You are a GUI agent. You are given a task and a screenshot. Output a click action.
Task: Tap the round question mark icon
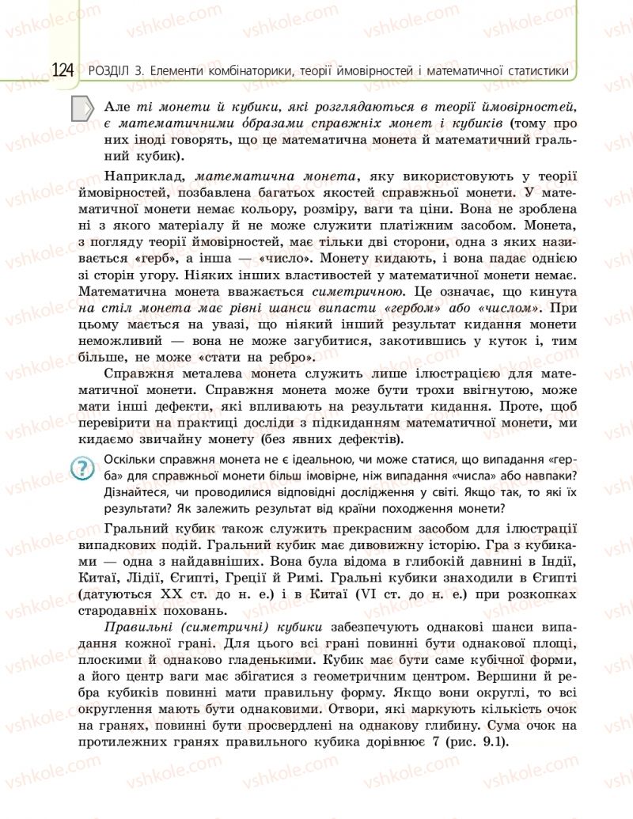coord(82,468)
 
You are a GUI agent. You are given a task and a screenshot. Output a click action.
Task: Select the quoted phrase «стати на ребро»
coord(251,358)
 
